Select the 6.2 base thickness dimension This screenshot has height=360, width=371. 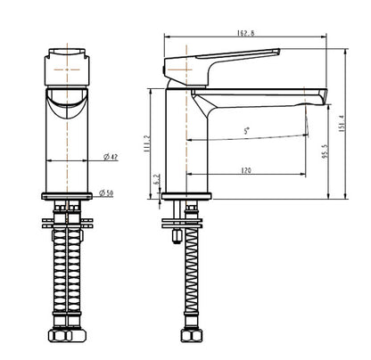[156, 180]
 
